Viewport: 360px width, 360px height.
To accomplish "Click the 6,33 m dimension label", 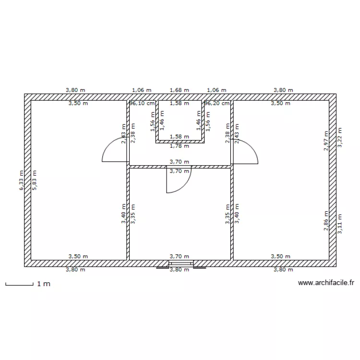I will [x=21, y=181].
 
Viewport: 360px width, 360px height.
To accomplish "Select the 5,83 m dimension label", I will [x=34, y=181].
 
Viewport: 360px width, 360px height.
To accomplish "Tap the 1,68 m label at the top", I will [x=180, y=90].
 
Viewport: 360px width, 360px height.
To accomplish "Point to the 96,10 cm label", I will [x=143, y=103].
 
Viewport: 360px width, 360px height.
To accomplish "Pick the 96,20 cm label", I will [x=217, y=103].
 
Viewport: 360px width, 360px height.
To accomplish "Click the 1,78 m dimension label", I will [x=180, y=146].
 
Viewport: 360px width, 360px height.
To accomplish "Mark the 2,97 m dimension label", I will [x=326, y=141].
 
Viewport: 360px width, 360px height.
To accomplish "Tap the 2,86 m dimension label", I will [x=326, y=222].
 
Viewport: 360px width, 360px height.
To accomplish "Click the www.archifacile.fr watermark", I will [x=326, y=283].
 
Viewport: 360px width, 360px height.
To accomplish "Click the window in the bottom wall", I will [x=180, y=264].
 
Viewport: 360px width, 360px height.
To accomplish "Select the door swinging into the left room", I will [x=114, y=150].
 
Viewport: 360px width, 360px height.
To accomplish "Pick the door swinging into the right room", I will [x=245, y=150].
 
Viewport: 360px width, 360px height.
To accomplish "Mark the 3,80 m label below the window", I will [x=180, y=270].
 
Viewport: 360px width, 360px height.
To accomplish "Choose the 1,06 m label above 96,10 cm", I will [x=142, y=90].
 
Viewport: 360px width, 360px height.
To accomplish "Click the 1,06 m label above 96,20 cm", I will [x=216, y=90].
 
